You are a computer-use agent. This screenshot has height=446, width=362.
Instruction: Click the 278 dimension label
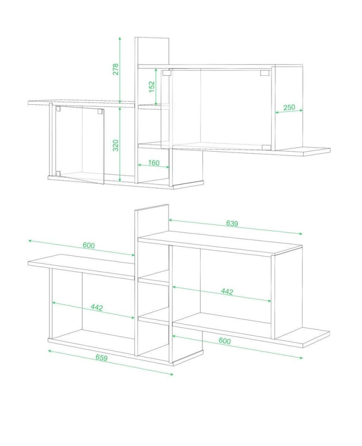pos(115,69)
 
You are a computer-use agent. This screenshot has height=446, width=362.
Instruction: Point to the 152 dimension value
pos(152,87)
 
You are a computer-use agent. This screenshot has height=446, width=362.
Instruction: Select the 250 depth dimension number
pos(289,108)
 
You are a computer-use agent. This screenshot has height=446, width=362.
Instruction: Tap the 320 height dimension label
pos(115,145)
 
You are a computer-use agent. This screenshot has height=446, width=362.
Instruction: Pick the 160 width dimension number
pos(154,163)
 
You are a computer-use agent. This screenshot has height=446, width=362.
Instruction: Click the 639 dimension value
pos(232,223)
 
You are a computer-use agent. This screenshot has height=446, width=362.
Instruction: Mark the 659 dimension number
pos(102,358)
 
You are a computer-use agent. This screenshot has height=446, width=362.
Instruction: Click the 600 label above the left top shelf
pos(89,245)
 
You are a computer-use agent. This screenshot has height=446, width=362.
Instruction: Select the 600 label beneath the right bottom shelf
pos(225,341)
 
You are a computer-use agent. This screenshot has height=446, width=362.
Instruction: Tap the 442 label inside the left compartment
pos(97,307)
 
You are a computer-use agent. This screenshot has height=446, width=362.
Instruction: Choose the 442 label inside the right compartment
pos(227,292)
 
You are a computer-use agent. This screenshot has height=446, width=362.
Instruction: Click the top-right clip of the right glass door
pos(264,73)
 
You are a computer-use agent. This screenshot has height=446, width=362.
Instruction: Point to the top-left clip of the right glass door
pos(167,73)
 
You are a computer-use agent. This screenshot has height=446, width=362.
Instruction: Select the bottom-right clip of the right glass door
pos(266,147)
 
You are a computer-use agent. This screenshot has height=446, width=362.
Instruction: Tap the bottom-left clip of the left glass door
pos(58,173)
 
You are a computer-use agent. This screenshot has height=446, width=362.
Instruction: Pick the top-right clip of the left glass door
pos(100,111)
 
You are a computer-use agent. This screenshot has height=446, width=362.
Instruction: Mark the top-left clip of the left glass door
pos(58,109)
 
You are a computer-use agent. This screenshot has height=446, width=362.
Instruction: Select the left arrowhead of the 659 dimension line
pos(50,351)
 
